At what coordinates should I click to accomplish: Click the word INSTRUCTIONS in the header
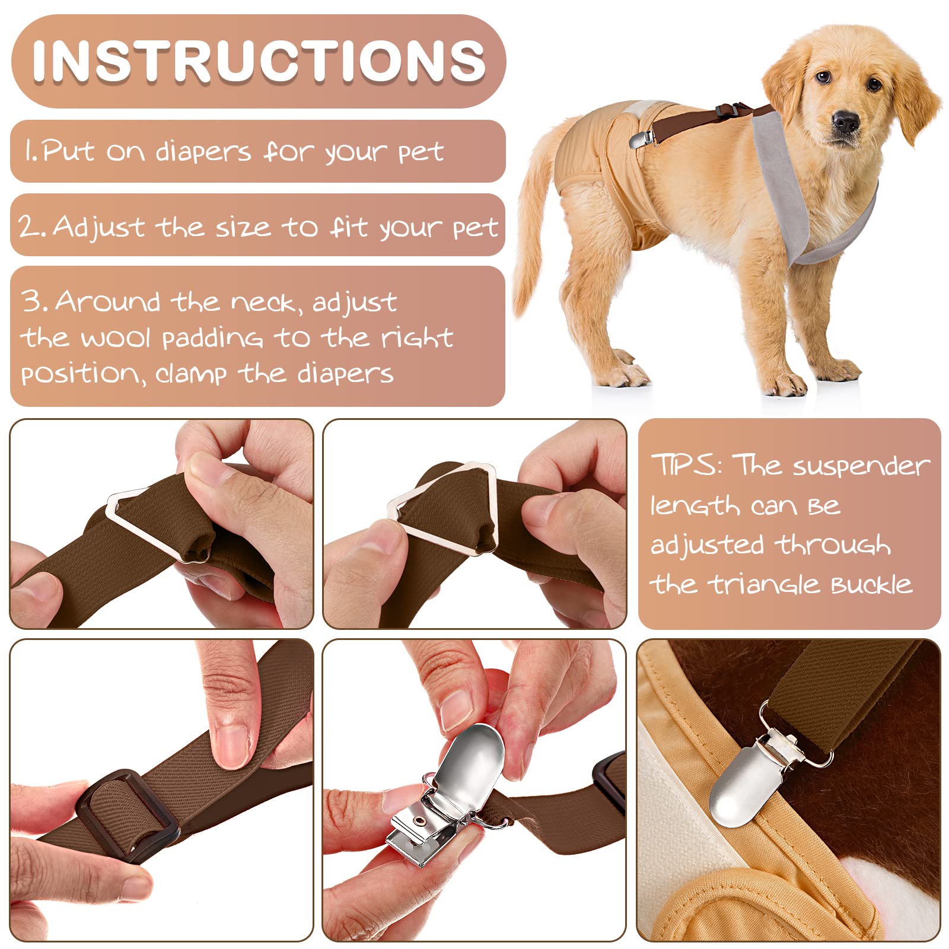tap(259, 60)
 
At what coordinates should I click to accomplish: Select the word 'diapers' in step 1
tap(203, 152)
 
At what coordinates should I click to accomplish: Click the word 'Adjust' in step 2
tap(99, 227)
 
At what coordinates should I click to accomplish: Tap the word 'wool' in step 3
tap(115, 338)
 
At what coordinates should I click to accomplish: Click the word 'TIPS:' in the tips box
tap(686, 464)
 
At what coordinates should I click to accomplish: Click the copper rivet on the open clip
tap(420, 821)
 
